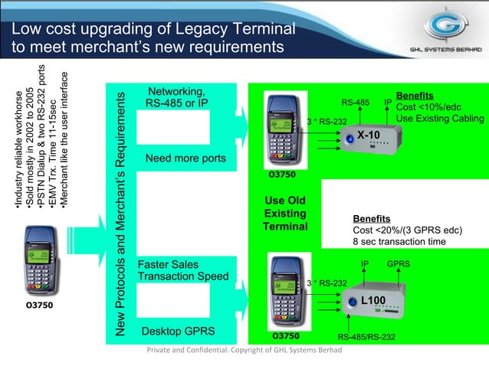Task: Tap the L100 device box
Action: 374,301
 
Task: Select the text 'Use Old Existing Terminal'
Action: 284,214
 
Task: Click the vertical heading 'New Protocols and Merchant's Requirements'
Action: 120,214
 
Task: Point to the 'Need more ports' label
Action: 185,158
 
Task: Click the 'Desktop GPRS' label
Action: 178,332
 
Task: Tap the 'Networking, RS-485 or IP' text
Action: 176,97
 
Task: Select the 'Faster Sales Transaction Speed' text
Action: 182,270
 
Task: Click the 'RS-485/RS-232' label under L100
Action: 366,336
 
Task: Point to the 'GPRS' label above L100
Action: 398,264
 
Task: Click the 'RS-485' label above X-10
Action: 355,102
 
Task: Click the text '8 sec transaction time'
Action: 399,241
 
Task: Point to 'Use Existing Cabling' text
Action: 440,119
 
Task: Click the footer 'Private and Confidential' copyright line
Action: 244,351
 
